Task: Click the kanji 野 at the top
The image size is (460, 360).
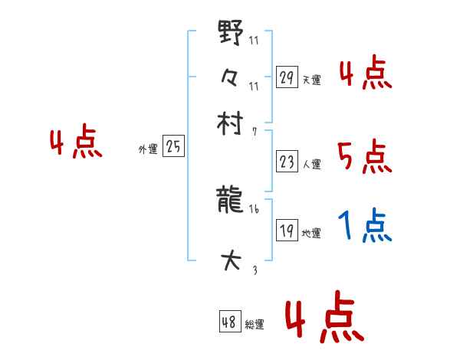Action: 230,34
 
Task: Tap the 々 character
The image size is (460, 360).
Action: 230,77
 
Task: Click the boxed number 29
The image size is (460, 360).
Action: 287,77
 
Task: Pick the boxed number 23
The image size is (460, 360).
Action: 287,161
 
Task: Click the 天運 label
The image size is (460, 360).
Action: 311,80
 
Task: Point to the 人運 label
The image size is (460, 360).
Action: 311,163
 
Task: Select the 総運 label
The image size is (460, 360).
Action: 255,325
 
